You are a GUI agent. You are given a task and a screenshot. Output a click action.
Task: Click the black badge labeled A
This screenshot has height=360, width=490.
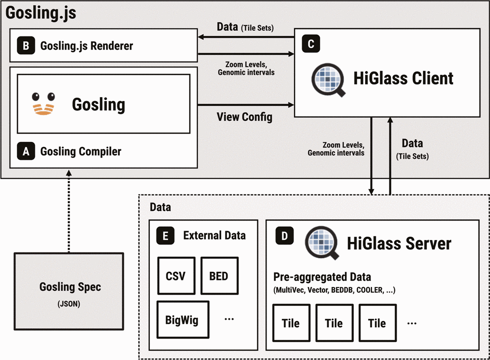(x=26, y=152)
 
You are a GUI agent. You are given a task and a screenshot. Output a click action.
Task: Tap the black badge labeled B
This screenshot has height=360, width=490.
(x=26, y=46)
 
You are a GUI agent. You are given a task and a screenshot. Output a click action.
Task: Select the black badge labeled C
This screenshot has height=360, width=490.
(x=311, y=44)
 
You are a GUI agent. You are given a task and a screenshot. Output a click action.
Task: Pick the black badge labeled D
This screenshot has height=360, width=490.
(x=285, y=236)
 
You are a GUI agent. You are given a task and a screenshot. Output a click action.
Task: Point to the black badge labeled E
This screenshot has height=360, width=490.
(x=165, y=236)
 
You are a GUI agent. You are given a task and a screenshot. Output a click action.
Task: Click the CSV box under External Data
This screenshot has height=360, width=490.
(x=176, y=276)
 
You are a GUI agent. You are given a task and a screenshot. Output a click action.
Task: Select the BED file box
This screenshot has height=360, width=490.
(x=219, y=276)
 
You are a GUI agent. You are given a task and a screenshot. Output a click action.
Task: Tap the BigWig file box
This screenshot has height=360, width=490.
(x=183, y=319)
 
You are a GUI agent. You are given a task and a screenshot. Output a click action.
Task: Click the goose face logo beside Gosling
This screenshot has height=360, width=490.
(x=43, y=104)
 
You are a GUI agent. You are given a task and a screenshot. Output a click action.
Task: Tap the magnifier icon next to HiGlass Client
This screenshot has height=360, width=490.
(x=327, y=78)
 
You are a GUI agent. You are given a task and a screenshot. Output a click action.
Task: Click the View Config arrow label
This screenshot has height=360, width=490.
(x=244, y=117)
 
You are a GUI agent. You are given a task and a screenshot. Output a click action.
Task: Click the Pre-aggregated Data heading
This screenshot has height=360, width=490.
(x=322, y=277)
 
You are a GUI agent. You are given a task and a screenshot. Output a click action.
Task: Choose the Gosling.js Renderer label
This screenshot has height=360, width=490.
(x=86, y=46)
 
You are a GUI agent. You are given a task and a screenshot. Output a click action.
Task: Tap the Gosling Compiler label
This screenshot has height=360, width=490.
(x=81, y=152)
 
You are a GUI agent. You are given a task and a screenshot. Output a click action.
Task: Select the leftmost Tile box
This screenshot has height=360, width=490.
(x=291, y=323)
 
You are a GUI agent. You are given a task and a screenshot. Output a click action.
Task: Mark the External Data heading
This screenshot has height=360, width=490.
(x=214, y=236)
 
